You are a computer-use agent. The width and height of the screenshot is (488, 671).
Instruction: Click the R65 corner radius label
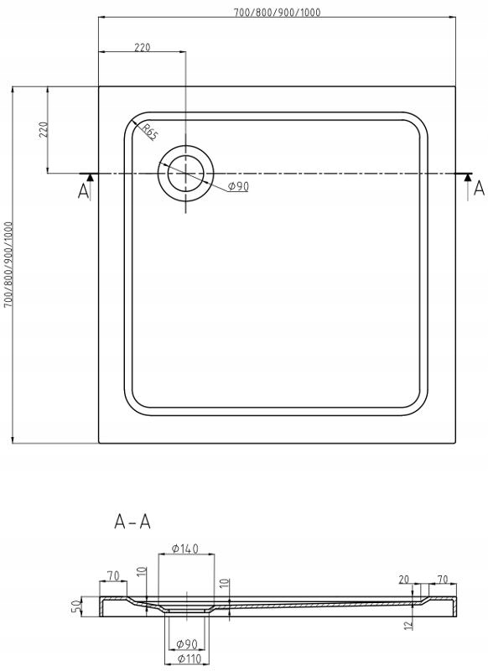[150, 133]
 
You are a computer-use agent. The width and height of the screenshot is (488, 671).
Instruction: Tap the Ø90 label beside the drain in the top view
[238, 186]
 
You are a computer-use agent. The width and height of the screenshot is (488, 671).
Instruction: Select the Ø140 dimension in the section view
[185, 549]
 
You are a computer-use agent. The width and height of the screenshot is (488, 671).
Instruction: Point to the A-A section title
[132, 522]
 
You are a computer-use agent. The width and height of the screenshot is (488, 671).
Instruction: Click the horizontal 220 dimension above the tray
[143, 47]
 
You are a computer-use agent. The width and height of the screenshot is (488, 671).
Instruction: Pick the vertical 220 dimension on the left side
[43, 129]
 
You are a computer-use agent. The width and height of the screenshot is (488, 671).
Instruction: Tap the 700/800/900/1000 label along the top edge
[278, 12]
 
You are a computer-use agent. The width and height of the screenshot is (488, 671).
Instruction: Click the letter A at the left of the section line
[83, 191]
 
